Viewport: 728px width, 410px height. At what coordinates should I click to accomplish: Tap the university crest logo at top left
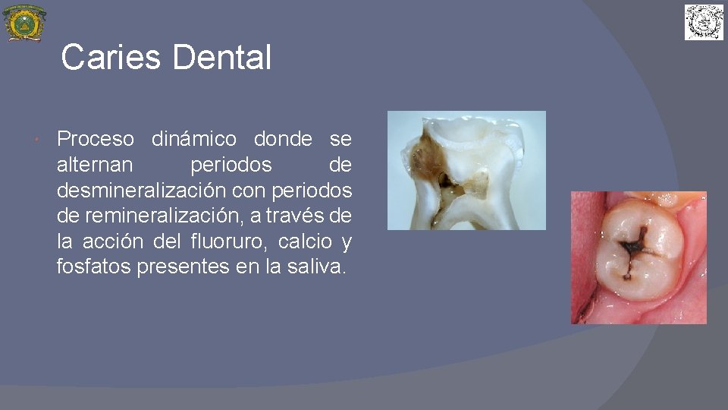pos(24,23)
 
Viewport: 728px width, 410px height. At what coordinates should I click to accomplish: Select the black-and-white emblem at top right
pos(704,23)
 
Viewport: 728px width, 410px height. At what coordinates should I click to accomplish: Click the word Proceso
pos(96,140)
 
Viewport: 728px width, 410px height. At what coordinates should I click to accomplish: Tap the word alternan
pos(95,165)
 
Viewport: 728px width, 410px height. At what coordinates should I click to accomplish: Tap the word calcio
pos(305,242)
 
